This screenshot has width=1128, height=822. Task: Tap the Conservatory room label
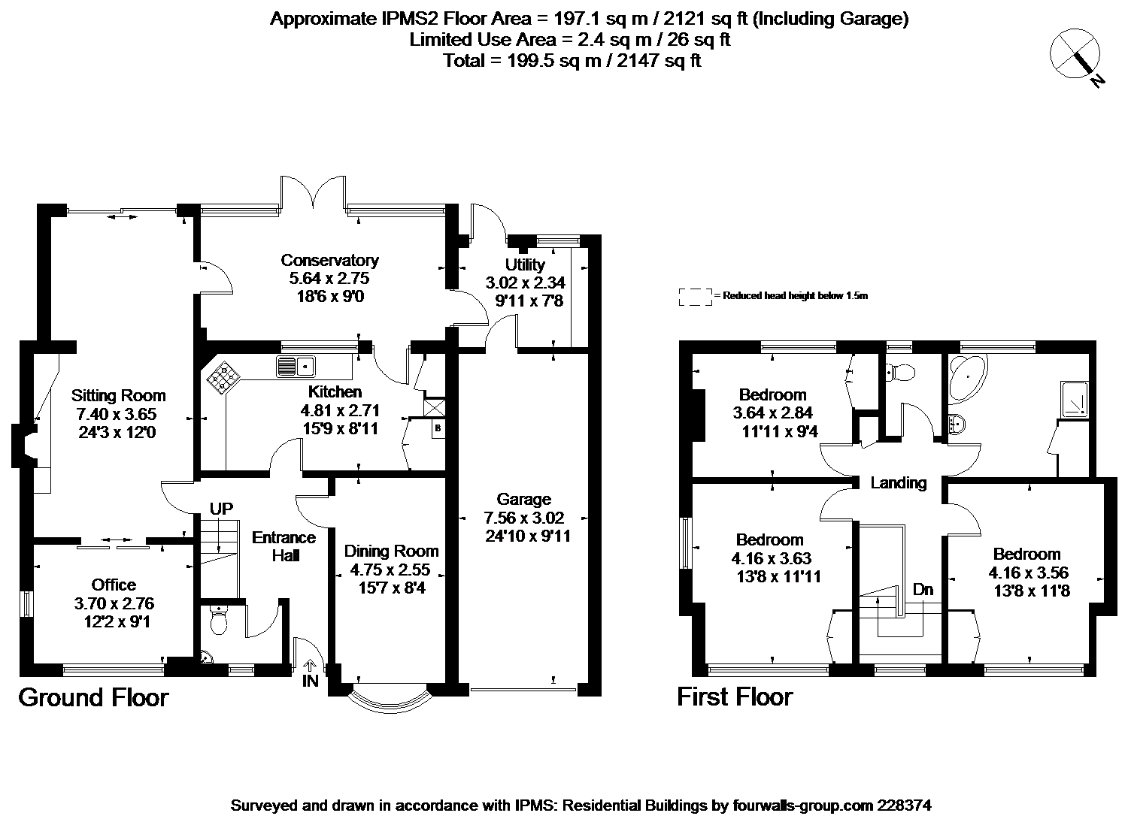click(329, 260)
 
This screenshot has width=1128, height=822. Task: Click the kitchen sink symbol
click(296, 366)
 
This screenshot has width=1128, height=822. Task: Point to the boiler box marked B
click(438, 428)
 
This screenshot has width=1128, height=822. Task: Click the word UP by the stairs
click(221, 509)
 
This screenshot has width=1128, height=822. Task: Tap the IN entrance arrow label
click(310, 673)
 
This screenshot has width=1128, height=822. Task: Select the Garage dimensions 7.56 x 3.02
click(523, 518)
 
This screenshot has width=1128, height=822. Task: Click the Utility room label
click(525, 264)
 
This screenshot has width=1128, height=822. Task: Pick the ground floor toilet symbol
click(219, 621)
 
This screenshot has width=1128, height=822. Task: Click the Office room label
click(114, 585)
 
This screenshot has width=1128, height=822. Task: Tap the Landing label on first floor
click(899, 483)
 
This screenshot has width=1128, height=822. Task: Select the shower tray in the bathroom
click(1075, 400)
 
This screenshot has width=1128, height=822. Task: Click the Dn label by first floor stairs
click(923, 589)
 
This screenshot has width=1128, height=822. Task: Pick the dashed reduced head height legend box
click(695, 298)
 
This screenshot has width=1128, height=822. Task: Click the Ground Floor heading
click(94, 698)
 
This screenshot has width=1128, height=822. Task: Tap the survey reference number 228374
click(904, 805)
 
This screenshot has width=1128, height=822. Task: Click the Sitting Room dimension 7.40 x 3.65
click(117, 414)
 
